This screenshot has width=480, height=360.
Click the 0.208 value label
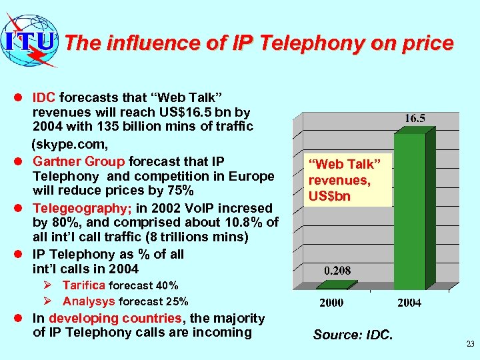(x=337, y=271)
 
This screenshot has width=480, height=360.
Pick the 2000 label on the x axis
(x=331, y=303)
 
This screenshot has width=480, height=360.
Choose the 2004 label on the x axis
(x=409, y=303)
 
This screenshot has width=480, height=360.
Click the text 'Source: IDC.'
(x=353, y=335)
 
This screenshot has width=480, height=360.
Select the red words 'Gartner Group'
(x=79, y=161)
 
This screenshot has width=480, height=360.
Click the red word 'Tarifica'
(x=84, y=285)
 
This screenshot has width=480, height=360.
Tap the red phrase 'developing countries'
(x=115, y=319)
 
